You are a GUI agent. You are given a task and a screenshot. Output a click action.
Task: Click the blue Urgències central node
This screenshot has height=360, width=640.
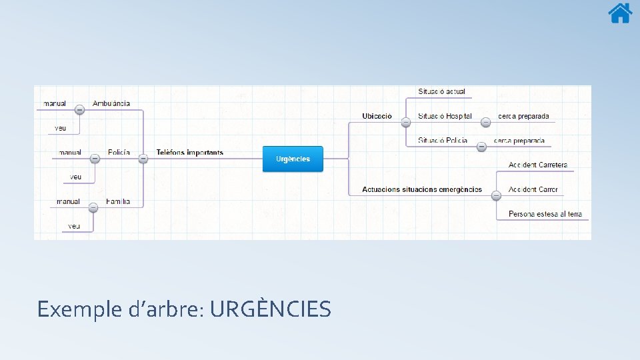293,159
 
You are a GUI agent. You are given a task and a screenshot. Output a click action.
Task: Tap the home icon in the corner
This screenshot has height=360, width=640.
620,13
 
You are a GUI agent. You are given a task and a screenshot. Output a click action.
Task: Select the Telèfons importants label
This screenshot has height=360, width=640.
190,153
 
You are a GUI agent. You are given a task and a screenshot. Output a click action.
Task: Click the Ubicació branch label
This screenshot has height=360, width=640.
377,116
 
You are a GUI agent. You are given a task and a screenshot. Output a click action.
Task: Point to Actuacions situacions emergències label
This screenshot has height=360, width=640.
422,189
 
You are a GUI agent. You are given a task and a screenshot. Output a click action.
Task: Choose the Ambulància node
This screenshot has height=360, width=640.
111,103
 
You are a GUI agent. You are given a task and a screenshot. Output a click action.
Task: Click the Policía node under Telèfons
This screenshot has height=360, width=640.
119,153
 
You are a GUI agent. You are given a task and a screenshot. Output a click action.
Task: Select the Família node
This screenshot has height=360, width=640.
118,201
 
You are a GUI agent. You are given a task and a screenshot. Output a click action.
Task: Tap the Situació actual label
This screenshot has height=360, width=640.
441,91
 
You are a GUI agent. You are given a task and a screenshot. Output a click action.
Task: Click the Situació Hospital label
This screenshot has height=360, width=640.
445,116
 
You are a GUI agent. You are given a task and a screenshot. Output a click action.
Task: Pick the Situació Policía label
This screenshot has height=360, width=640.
443,141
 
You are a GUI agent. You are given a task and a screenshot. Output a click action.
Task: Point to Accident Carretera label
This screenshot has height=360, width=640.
538,165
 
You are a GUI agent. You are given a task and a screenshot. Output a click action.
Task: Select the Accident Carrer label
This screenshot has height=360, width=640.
533,189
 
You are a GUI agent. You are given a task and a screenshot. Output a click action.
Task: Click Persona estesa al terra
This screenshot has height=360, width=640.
545,214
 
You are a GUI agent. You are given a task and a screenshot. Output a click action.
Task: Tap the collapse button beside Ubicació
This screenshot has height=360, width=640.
406,122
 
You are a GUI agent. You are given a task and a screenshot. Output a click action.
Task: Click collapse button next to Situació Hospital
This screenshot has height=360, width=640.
486,122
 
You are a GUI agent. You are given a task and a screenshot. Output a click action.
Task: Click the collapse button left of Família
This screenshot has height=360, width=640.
93,207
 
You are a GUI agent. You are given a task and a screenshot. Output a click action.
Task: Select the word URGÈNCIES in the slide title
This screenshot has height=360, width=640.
269,309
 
